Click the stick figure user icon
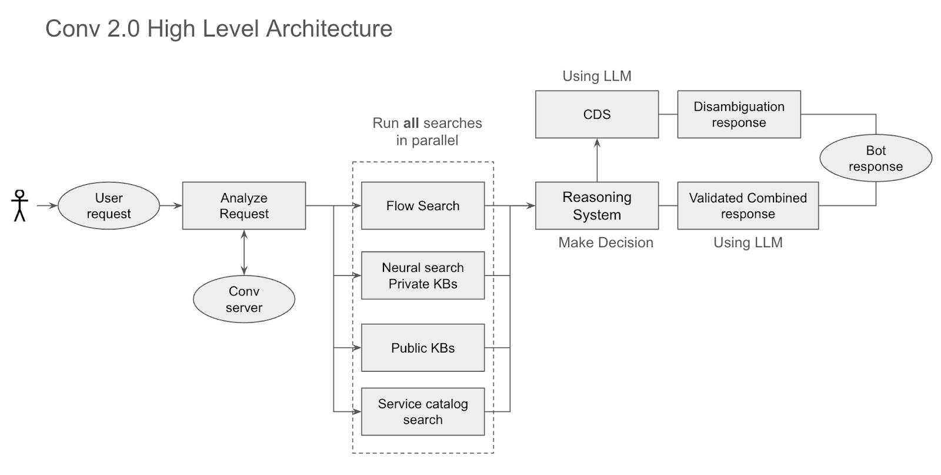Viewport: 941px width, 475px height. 19,205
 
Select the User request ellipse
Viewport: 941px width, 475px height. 109,205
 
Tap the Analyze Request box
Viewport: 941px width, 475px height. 244,205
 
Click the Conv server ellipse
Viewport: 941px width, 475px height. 244,299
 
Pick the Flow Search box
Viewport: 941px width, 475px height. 423,205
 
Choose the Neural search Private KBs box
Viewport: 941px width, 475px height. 423,275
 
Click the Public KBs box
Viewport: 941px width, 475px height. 423,348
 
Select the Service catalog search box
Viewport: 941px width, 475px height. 423,411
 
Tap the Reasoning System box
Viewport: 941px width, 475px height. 597,205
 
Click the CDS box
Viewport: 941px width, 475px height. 597,114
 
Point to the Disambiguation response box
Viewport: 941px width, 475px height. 739,114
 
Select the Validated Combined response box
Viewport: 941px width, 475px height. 748,205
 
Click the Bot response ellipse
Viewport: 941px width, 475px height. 876,158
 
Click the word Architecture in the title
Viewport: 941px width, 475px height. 329,29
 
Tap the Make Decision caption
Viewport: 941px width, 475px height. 606,243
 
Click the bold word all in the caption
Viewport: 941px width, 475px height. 411,123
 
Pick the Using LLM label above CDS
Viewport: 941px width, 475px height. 597,76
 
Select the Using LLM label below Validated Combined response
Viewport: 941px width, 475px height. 748,243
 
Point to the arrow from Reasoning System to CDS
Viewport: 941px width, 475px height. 597,160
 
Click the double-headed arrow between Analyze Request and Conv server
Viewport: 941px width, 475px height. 244,252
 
